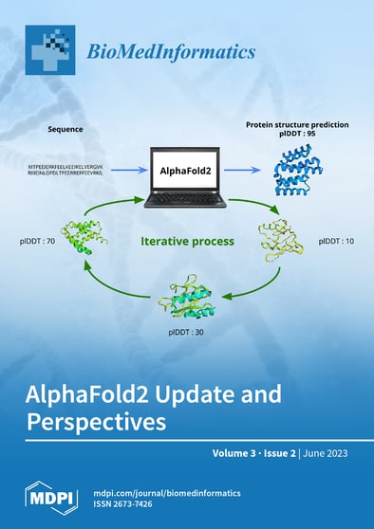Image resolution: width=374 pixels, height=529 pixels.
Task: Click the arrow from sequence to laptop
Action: tap(124, 171)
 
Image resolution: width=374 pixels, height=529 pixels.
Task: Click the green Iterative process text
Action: tap(187, 241)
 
